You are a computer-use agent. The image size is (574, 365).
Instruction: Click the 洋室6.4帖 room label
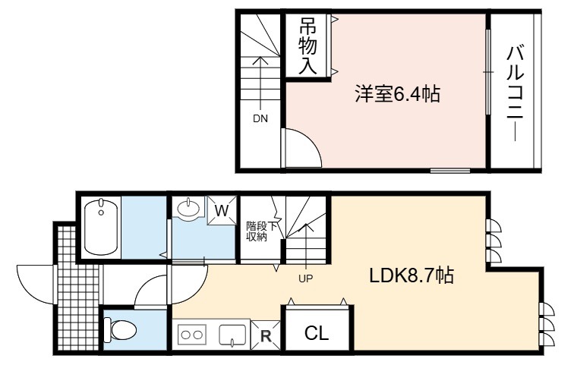click(397, 93)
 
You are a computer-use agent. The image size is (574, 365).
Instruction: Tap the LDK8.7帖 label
click(412, 275)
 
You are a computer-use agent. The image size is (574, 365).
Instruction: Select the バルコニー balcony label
click(515, 93)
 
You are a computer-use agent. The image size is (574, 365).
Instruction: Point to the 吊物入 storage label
click(307, 46)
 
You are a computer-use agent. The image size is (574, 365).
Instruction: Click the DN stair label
click(260, 118)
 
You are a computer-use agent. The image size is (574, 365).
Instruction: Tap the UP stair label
click(306, 279)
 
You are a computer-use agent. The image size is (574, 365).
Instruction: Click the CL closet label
click(317, 333)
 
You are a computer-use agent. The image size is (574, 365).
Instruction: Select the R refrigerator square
click(266, 335)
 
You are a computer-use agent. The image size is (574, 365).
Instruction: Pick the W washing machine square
click(222, 211)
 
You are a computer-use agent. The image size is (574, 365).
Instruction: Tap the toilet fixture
click(120, 329)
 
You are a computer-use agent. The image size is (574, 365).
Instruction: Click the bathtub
click(102, 228)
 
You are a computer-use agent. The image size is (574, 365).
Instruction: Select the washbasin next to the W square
click(188, 208)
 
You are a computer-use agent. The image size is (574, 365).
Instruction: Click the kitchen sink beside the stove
click(232, 335)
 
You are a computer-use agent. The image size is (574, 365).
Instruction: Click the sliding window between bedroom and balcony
click(487, 72)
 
